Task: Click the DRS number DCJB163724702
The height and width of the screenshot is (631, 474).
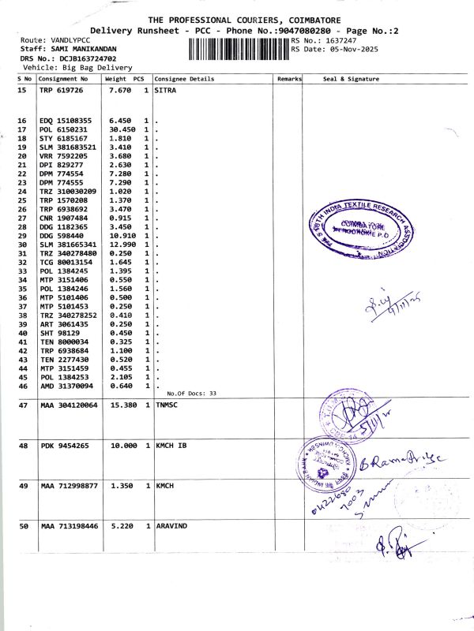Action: click(x=85, y=58)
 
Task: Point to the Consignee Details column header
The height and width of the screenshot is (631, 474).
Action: click(x=184, y=79)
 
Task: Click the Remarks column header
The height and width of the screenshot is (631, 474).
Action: click(x=289, y=79)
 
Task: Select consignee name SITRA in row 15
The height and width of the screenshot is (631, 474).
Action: click(x=165, y=91)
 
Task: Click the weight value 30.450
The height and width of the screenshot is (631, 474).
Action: click(x=120, y=129)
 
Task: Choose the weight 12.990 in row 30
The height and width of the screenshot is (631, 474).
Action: click(x=122, y=245)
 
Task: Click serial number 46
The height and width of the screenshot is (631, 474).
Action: click(x=23, y=386)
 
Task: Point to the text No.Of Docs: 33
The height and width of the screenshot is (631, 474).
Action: click(x=191, y=393)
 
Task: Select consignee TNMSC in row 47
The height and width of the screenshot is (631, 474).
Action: click(x=169, y=405)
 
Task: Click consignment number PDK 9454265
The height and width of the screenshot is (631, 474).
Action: click(x=64, y=446)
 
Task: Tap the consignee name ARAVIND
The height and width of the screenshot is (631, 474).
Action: click(x=174, y=525)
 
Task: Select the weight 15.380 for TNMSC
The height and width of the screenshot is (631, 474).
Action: click(x=122, y=405)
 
